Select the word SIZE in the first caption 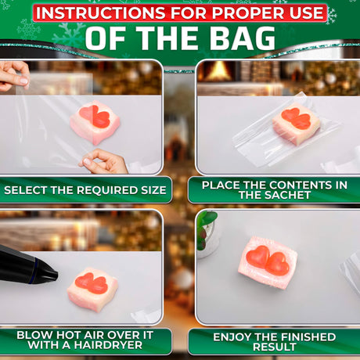click(x=153, y=190)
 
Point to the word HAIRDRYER click(x=108, y=345)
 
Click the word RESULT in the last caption click(x=274, y=347)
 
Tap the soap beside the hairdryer click(x=92, y=289)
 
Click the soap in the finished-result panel click(x=268, y=262)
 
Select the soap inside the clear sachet click(x=297, y=123)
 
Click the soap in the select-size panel click(x=95, y=122)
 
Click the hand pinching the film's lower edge click(x=104, y=162)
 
